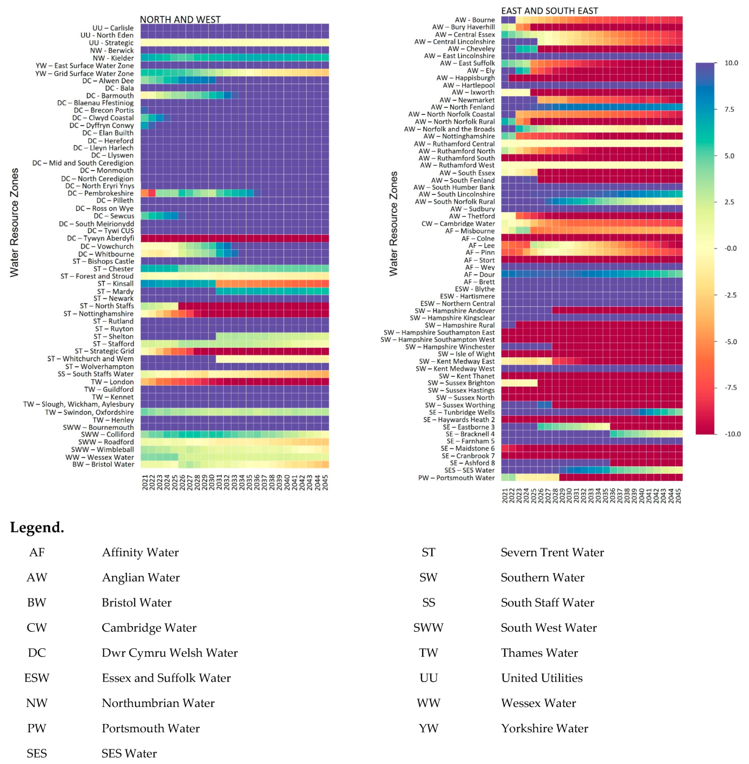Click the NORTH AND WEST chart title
(x=180, y=20)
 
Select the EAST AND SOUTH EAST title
(x=550, y=11)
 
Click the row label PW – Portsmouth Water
(x=456, y=478)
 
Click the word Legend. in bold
(x=37, y=527)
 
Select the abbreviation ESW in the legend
(x=37, y=678)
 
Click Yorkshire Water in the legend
(x=544, y=728)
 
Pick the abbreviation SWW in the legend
(x=428, y=628)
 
